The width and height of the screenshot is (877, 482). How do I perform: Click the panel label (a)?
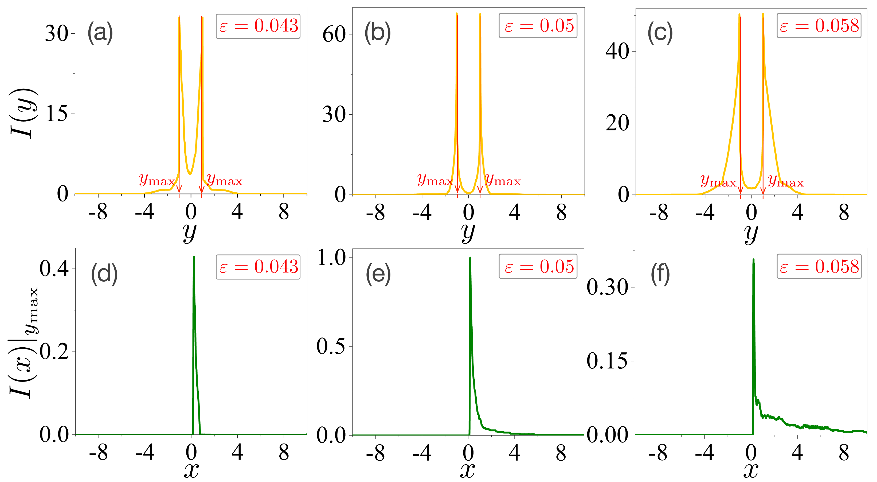click(100, 33)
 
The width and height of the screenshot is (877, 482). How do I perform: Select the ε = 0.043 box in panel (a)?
click(258, 26)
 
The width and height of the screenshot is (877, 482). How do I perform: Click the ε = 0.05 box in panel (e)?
click(538, 267)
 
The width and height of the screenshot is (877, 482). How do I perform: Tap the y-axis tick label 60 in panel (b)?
click(334, 34)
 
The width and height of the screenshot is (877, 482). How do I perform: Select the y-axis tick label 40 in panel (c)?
click(617, 52)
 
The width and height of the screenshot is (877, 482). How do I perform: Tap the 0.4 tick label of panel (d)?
click(54, 269)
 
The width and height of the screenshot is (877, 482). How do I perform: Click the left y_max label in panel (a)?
click(156, 180)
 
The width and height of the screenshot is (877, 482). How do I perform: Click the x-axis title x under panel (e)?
click(467, 471)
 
